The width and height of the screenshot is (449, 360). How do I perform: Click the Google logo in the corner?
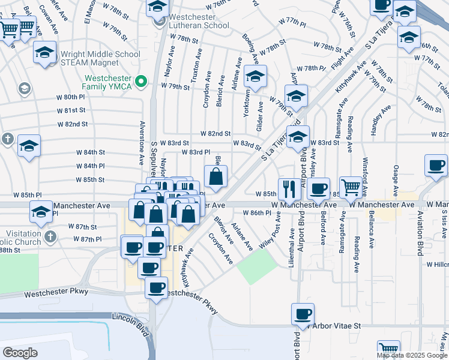pos(20,352)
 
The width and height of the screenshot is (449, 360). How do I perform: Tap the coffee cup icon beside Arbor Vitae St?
pos(303,314)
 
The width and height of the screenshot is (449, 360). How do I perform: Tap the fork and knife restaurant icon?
pos(289,189)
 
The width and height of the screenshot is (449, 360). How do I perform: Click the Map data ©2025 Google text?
pos(412,355)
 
